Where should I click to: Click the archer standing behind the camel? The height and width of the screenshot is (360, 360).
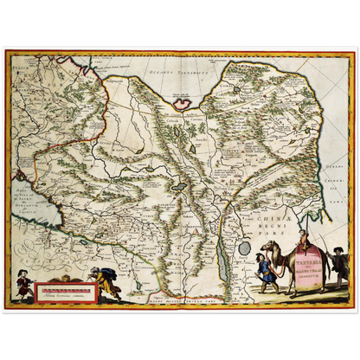(x=338, y=264)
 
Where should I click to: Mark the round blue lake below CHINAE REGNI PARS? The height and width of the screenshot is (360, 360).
(x=245, y=247)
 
